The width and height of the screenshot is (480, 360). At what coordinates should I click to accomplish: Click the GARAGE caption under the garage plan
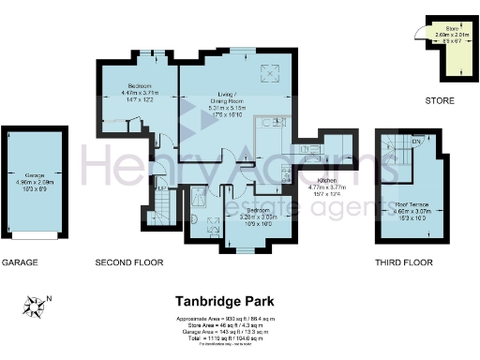click(20, 262)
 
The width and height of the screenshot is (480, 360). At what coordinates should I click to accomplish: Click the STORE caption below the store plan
click(439, 100)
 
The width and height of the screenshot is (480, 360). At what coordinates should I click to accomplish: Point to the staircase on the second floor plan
click(157, 204)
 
